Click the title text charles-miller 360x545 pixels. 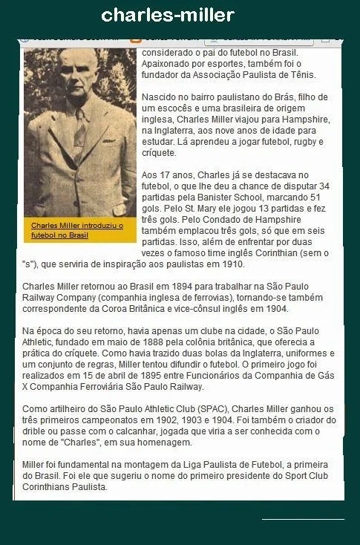[x=168, y=15]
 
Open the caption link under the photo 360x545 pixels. [x=76, y=229]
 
